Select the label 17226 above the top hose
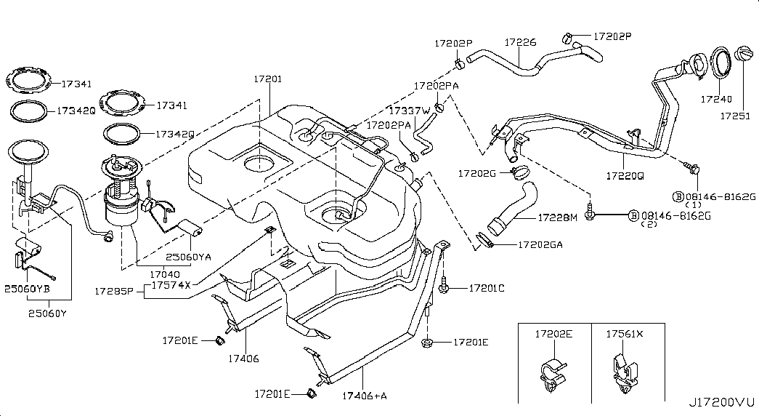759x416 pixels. click(521, 43)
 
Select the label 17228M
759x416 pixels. click(557, 217)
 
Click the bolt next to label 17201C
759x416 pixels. click(444, 289)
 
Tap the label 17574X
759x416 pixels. click(172, 285)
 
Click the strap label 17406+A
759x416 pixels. click(365, 396)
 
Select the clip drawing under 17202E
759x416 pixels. click(554, 371)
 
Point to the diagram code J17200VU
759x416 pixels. click(722, 401)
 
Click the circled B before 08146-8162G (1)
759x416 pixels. click(678, 196)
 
